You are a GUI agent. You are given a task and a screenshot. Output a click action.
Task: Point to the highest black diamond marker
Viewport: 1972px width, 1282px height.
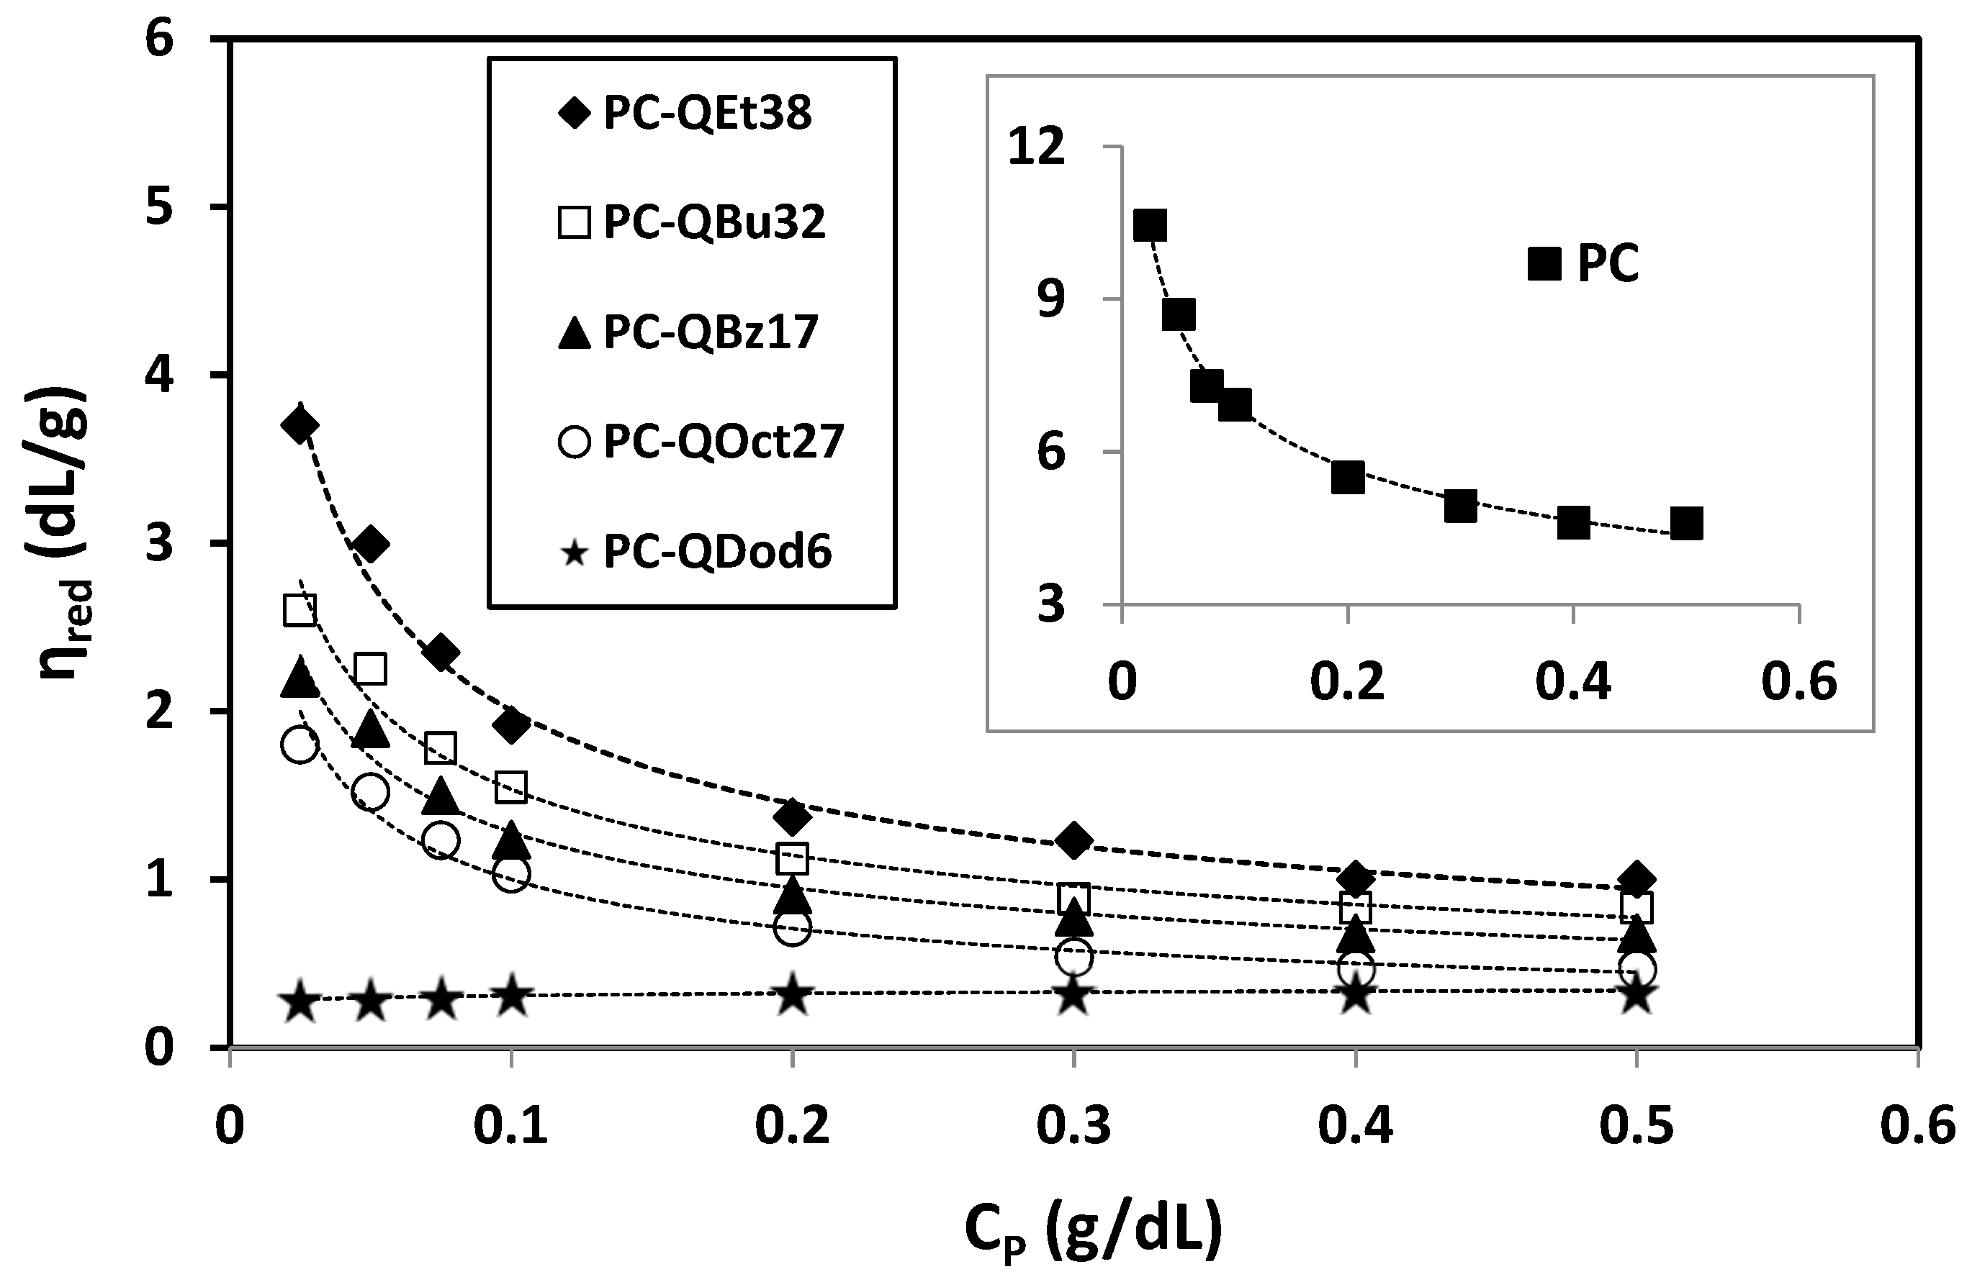pos(300,426)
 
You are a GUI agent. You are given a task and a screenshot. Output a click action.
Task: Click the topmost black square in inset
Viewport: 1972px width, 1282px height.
pos(1150,225)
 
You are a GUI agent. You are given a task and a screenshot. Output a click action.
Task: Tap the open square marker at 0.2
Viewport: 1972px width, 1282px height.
pos(792,859)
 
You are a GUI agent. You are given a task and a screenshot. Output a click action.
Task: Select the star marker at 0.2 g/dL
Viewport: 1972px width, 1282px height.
pos(792,995)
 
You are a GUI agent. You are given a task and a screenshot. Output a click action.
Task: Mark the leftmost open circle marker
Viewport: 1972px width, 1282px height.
pos(300,745)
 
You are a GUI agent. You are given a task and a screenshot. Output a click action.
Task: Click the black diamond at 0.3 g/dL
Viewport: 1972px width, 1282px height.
pos(1073,840)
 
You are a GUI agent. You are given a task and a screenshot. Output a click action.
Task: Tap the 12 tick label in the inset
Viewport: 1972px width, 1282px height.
pos(1036,147)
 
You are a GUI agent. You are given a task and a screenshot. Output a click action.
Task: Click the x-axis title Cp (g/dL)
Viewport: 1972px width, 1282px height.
pos(1093,1231)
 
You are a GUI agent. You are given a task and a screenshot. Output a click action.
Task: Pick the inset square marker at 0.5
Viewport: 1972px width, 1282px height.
pos(1686,524)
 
